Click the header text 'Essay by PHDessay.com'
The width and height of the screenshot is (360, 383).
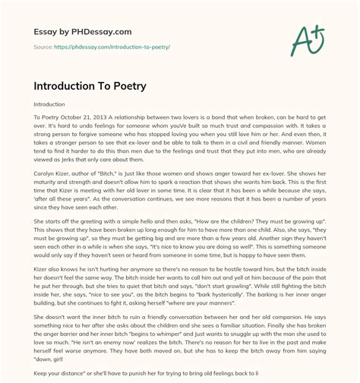coord(77,33)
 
